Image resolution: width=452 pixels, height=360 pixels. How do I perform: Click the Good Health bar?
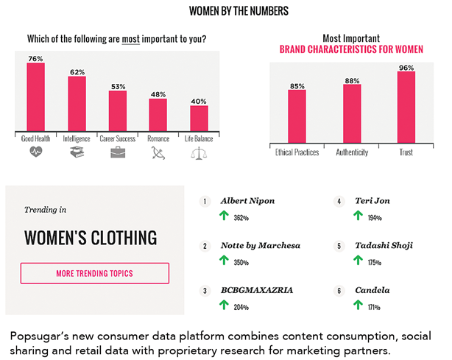(36, 96)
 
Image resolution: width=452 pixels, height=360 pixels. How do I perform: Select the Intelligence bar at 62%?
(77, 103)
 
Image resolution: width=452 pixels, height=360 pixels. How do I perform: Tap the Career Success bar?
(118, 110)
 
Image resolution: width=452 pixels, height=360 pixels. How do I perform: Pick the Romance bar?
(158, 114)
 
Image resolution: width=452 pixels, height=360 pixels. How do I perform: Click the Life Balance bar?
(199, 119)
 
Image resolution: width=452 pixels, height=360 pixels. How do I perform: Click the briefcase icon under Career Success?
(118, 152)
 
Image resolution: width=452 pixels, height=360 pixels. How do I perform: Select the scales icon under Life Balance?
(199, 153)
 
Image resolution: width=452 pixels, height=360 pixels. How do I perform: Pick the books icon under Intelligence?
(77, 152)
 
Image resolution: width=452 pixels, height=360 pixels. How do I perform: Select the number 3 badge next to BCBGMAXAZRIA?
(206, 290)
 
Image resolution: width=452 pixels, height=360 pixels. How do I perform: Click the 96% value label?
(406, 66)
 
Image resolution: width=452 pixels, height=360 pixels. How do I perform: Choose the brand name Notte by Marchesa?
(259, 245)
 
